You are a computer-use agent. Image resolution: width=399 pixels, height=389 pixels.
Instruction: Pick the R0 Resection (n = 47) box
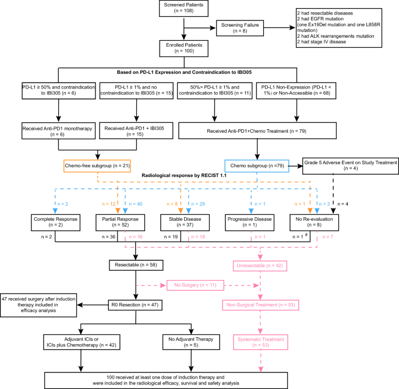coord(136,305)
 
